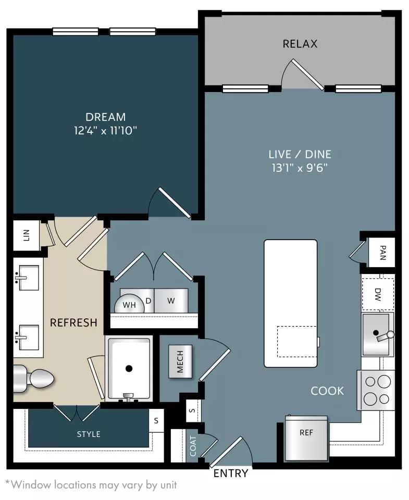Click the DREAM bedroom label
point(106,117)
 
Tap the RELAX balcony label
point(300,44)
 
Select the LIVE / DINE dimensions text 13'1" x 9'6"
point(300,168)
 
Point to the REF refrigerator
point(306,438)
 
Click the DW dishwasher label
point(378,294)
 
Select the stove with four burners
point(376,390)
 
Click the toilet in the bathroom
point(33,379)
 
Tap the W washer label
point(171,301)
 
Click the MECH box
point(180,361)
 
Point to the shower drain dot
point(129,368)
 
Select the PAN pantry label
point(383,253)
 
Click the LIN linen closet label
point(27,235)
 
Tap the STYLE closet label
point(89,434)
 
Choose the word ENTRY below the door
point(231,473)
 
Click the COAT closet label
point(193,446)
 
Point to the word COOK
point(327,391)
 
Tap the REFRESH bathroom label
point(73,322)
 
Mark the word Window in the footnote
point(31,485)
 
